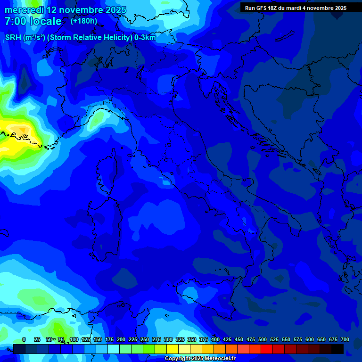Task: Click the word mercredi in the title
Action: click(24, 10)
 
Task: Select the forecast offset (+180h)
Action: click(84, 21)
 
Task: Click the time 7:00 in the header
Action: click(16, 21)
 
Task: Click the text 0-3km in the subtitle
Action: click(145, 38)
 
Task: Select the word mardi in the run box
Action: click(299, 8)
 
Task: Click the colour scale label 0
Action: click(24, 339)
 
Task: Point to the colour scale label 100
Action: click(74, 339)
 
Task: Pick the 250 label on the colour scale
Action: click(144, 339)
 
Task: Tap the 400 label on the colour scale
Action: click(215, 339)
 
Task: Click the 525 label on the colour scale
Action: click(274, 339)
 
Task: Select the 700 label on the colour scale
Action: click(345, 339)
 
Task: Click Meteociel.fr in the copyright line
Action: click(217, 359)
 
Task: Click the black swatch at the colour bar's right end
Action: click(337, 349)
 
